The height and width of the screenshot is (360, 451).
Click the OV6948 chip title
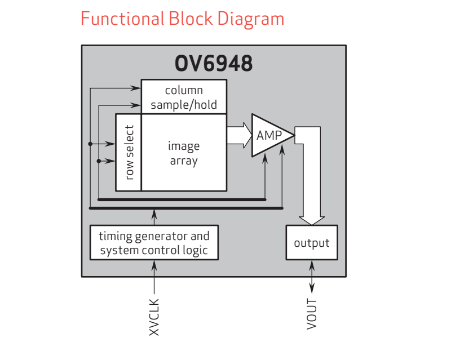coord(214,64)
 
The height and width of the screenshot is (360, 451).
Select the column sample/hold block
coord(184,97)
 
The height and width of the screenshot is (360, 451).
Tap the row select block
coord(129,153)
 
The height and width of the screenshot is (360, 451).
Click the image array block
coord(184,153)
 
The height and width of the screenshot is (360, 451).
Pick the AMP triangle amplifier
coord(269,136)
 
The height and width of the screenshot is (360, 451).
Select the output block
coord(311,243)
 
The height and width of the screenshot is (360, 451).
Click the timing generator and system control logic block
coord(154,243)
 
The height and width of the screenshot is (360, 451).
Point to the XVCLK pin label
coord(154,317)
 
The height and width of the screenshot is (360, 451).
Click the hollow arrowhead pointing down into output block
coord(311,219)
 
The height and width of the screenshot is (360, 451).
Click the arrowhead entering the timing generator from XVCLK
coord(154,263)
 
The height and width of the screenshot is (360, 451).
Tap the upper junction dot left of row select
coord(90,144)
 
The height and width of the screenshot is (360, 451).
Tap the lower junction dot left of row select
coord(99,161)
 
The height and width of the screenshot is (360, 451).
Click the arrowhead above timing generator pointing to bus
coord(154,212)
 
